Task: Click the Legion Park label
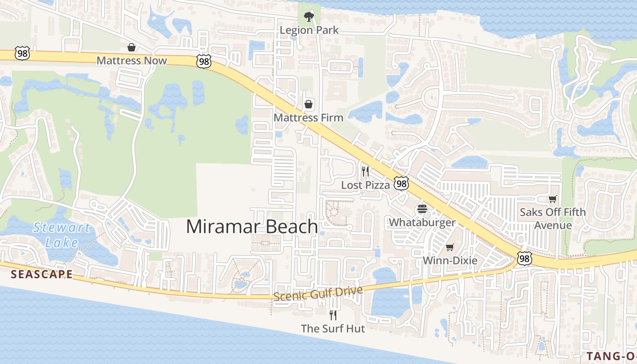[x=309, y=30]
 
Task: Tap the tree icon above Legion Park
[x=309, y=17]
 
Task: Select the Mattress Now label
[x=131, y=61]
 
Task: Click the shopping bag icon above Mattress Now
[x=131, y=47]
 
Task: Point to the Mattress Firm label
[x=308, y=117]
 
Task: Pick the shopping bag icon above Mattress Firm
[x=308, y=105]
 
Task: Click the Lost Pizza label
[x=365, y=185]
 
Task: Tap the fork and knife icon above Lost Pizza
[x=365, y=172]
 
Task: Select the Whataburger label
[x=422, y=222]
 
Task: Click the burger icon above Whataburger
[x=422, y=209]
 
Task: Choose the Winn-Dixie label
[x=450, y=261]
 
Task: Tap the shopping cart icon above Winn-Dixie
[x=450, y=247]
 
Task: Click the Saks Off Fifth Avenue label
[x=553, y=219]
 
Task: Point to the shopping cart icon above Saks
[x=553, y=199]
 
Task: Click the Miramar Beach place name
[x=252, y=227]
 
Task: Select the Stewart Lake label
[x=61, y=235]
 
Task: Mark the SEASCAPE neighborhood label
[x=41, y=274]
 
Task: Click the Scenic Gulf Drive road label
[x=318, y=293]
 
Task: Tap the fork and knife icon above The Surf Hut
[x=333, y=315]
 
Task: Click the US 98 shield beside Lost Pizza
[x=401, y=184]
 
